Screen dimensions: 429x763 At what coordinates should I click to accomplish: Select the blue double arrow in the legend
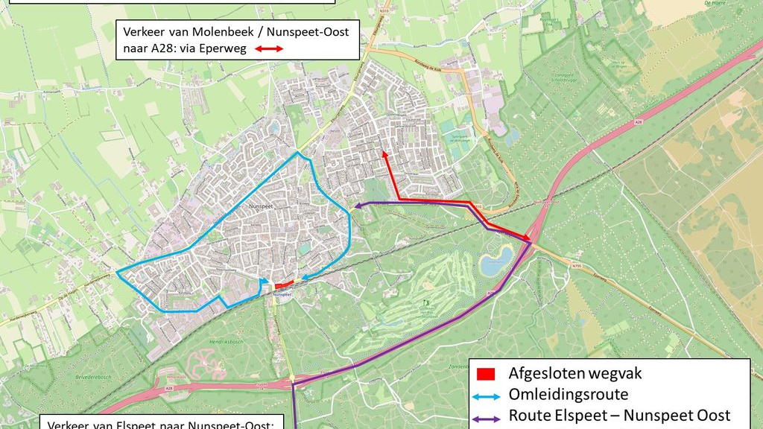488,395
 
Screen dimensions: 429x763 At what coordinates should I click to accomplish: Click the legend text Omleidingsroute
569,395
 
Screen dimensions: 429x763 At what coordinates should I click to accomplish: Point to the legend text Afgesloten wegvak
575,373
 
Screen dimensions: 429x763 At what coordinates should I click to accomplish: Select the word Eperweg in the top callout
224,49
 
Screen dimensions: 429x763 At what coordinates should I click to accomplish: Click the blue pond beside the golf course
496,261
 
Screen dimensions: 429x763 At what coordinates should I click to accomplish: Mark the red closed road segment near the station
284,285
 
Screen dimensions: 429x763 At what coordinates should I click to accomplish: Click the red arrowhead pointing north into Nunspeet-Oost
384,153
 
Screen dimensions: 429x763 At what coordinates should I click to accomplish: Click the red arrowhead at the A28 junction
528,239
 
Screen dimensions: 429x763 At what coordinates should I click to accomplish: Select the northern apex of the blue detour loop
298,153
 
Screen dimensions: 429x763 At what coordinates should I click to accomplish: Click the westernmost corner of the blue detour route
118,272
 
